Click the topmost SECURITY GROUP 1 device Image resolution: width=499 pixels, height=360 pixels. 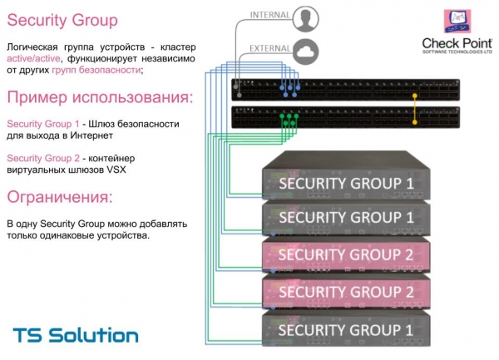coord(345,180)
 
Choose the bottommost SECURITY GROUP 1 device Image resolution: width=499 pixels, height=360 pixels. coord(345,330)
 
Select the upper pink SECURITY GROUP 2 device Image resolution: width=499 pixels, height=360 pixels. coord(345,254)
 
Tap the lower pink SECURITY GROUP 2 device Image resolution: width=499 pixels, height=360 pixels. coord(345,292)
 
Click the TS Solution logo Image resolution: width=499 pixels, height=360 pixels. coord(75,336)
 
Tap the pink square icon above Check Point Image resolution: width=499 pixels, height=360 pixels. coord(458,20)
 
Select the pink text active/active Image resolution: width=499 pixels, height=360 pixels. coord(32,59)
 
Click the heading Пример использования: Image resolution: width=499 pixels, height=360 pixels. coord(99,98)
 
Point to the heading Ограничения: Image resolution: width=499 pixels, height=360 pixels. coord(59,197)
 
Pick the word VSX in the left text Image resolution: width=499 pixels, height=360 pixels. coord(121,170)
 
